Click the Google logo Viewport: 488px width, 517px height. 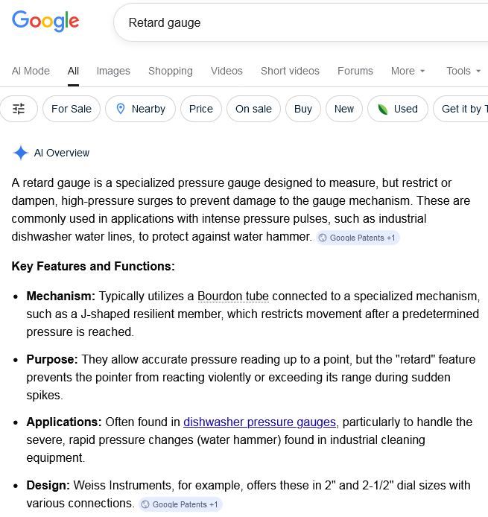pos(45,22)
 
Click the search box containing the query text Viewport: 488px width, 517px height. pos(298,22)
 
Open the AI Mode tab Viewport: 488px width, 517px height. pos(31,71)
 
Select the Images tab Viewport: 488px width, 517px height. pos(113,71)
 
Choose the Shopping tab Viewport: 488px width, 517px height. pos(170,71)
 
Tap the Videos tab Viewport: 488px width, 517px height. pos(226,71)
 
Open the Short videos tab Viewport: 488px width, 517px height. pos(290,71)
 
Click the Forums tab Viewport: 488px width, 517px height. pos(355,71)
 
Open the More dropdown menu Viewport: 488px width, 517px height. pos(408,71)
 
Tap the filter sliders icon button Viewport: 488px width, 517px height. pos(19,109)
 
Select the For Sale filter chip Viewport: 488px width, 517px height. pos(72,109)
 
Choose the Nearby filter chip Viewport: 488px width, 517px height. pos(140,109)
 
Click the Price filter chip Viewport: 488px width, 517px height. pos(200,109)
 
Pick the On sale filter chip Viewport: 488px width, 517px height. pos(253,109)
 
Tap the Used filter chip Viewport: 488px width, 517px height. pos(397,109)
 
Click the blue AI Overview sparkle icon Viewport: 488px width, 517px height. pos(20,153)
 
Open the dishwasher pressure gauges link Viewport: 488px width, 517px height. pos(259,422)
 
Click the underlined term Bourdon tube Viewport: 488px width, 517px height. pos(233,296)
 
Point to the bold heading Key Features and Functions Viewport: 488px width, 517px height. pos(93,266)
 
